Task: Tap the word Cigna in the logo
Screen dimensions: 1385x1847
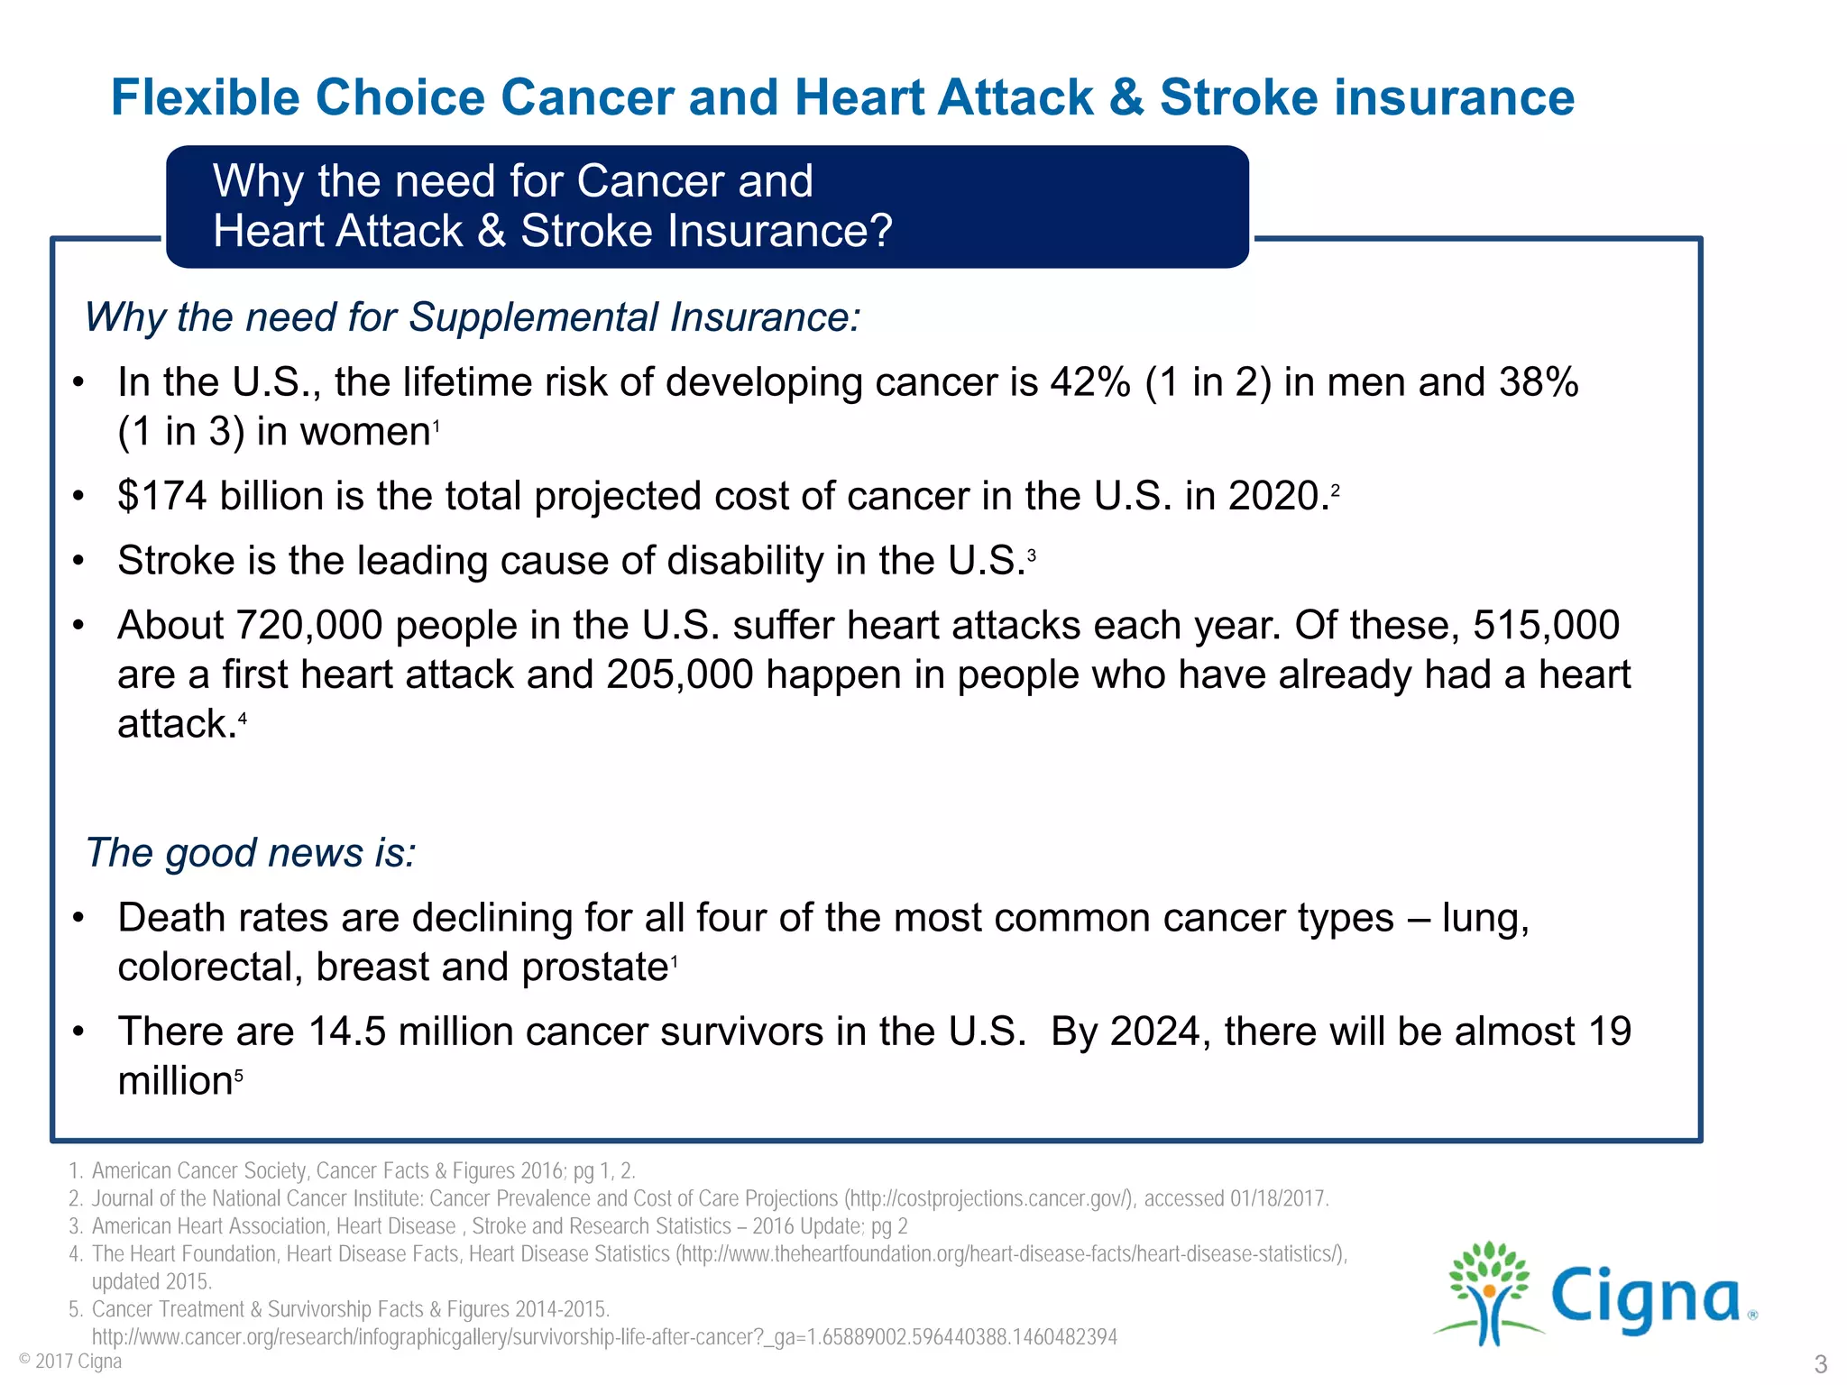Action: coord(1646,1298)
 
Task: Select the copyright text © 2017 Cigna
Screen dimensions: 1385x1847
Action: coord(70,1361)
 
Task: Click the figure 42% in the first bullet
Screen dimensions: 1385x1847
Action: coord(1090,382)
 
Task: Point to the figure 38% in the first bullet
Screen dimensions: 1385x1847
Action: coord(1539,382)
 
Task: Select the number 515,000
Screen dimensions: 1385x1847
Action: coord(1546,625)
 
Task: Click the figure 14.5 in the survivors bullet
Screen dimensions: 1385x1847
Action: coord(347,1032)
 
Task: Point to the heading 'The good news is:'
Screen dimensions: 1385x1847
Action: coord(251,852)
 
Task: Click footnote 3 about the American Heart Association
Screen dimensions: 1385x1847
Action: coord(499,1226)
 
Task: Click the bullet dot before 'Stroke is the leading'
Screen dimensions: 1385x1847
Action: coord(79,561)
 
